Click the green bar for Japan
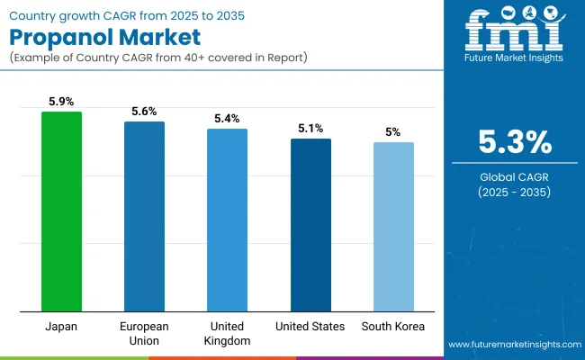(61, 211)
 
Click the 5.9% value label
(61, 101)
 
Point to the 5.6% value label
(144, 111)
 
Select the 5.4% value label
(227, 118)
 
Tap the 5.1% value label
(310, 128)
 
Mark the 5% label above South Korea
(393, 131)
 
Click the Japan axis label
(61, 327)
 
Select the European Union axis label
(144, 333)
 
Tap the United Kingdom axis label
(227, 333)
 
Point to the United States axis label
(310, 327)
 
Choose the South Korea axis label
(393, 327)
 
